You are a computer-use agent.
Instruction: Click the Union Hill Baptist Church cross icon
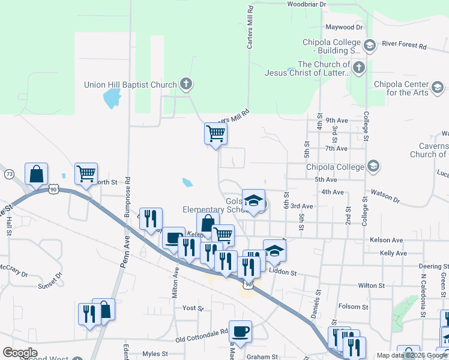(186, 85)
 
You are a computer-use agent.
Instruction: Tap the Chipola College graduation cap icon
(373, 166)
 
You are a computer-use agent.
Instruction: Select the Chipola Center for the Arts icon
(438, 88)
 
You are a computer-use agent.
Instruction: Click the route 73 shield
(9, 174)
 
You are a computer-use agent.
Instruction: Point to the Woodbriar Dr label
(306, 4)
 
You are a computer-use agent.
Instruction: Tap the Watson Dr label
(385, 196)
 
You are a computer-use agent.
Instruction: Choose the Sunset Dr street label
(50, 280)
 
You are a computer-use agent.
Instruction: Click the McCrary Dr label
(14, 271)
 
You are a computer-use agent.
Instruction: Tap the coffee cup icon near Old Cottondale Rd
(240, 331)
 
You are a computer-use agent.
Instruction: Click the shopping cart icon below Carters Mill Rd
(215, 133)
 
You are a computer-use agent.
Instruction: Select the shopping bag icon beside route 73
(36, 173)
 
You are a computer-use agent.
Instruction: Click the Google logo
(20, 353)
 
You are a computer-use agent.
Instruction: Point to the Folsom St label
(354, 307)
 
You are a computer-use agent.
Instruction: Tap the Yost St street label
(193, 308)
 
